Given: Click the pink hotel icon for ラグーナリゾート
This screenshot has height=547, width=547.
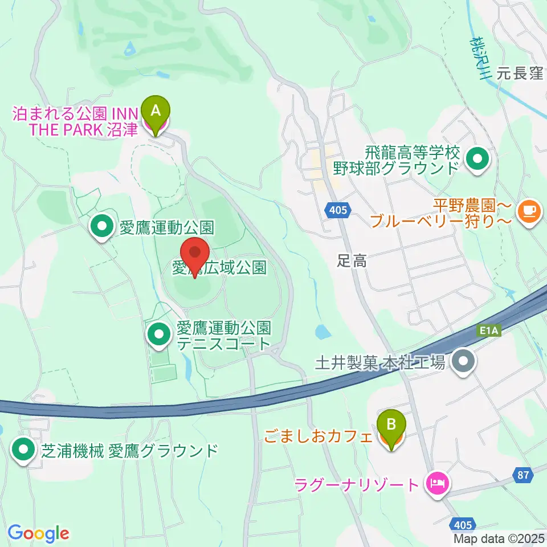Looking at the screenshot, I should (438, 485).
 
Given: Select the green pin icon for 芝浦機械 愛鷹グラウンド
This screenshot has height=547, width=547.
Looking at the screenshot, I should (23, 451).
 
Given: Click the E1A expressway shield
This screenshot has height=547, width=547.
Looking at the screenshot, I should (489, 330).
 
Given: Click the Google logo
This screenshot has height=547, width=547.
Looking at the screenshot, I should (38, 533).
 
